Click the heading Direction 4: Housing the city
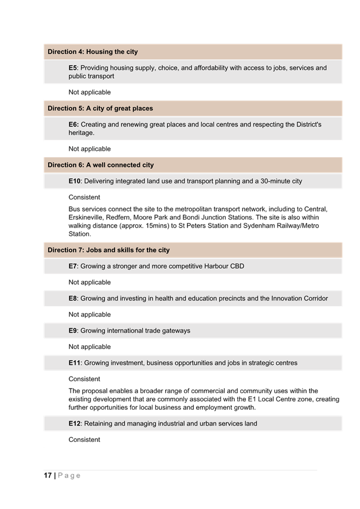(92, 52)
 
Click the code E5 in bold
(72, 68)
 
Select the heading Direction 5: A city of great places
(100, 108)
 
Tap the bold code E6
(73, 124)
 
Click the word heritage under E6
(81, 133)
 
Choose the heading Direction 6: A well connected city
(100, 165)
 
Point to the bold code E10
(75, 181)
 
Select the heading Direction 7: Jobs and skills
(108, 250)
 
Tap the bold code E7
(73, 267)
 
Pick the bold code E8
(73, 299)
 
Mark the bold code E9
(73, 331)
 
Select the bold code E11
(75, 363)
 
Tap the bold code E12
(75, 424)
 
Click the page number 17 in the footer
(48, 475)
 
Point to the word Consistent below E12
(84, 440)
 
